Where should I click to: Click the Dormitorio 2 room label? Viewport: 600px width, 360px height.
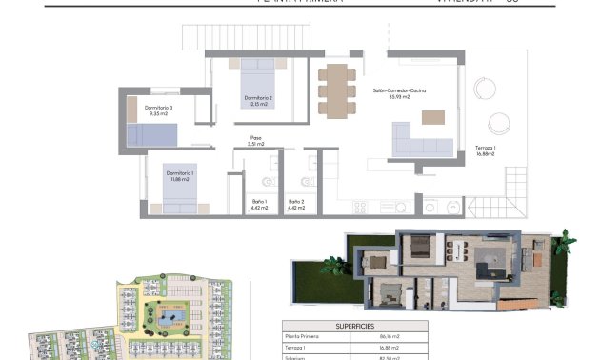pos(258,101)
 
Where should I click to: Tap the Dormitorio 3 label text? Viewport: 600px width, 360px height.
pos(159,110)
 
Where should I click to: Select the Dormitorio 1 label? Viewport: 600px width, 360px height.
pos(180,175)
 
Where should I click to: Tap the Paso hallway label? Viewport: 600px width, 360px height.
pos(256,140)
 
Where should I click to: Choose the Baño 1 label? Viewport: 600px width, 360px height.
pos(259,204)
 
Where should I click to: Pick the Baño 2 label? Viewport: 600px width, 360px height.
pos(296,204)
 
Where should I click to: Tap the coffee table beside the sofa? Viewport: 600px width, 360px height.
pos(433,117)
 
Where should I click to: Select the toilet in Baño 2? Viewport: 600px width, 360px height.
pos(308,181)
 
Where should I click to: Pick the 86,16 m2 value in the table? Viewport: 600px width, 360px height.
pos(389,336)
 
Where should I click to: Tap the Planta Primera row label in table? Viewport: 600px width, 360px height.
pos(303,336)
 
